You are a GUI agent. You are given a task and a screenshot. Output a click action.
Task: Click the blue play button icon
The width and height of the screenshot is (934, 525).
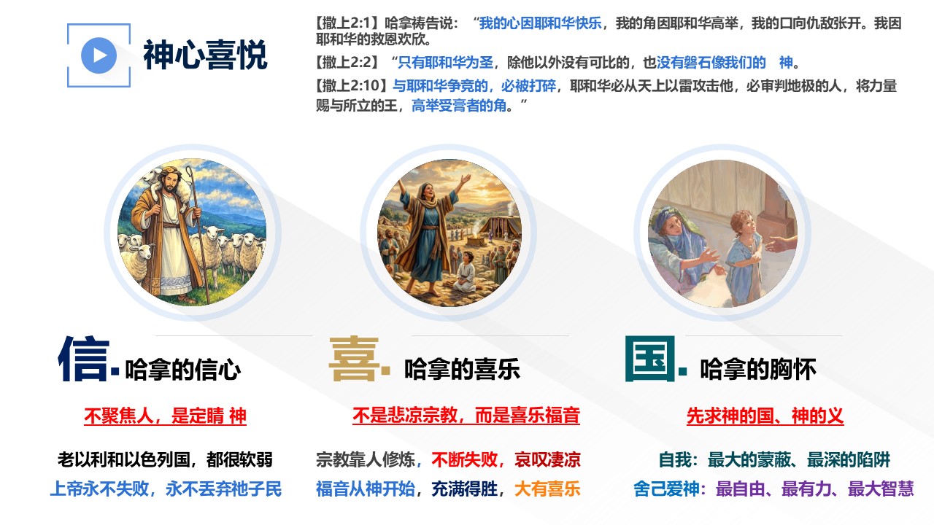99,55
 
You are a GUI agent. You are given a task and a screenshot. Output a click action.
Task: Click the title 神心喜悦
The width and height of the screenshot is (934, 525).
205,55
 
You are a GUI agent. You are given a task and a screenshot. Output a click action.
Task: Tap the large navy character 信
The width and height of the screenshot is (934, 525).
84,359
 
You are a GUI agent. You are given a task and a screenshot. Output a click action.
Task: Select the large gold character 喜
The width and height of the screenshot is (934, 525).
355,359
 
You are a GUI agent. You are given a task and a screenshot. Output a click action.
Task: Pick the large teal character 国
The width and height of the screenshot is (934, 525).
650,359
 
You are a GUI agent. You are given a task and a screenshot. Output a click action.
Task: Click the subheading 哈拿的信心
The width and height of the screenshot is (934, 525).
183,369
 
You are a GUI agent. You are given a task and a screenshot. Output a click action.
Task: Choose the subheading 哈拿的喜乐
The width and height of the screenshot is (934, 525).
462,369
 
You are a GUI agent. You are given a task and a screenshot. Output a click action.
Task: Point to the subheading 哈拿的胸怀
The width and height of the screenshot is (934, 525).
758,369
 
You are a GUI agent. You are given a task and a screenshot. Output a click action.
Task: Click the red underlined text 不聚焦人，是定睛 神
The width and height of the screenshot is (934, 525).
165,416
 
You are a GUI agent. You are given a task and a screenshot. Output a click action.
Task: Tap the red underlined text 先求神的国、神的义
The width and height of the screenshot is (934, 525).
765,416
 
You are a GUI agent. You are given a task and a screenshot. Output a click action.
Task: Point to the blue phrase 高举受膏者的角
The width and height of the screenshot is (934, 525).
459,106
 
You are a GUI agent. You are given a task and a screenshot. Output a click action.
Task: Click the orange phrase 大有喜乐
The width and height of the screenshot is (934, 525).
547,489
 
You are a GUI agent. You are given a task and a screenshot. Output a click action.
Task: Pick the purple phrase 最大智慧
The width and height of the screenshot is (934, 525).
881,489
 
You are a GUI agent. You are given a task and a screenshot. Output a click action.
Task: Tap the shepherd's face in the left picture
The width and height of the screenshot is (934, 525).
169,183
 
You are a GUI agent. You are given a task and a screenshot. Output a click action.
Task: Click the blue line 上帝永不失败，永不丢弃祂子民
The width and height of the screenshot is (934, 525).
166,489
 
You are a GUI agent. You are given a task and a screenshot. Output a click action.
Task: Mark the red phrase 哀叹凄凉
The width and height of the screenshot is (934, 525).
547,459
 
